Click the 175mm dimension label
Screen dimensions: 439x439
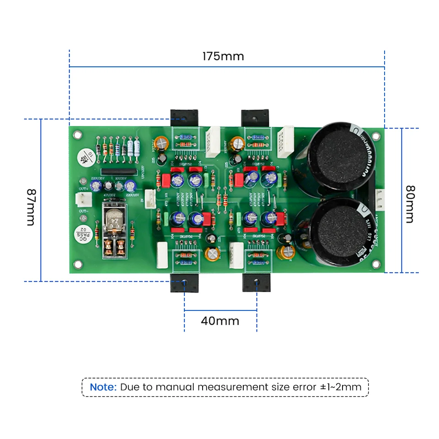[x=223, y=56]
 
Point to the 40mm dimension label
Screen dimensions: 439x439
[x=220, y=321]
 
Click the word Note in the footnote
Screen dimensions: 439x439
[x=103, y=387]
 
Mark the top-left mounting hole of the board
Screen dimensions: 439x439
[x=78, y=135]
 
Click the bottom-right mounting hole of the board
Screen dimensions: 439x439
[x=376, y=264]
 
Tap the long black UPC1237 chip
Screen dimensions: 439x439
[x=122, y=171]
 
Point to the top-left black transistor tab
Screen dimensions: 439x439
[x=184, y=118]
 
